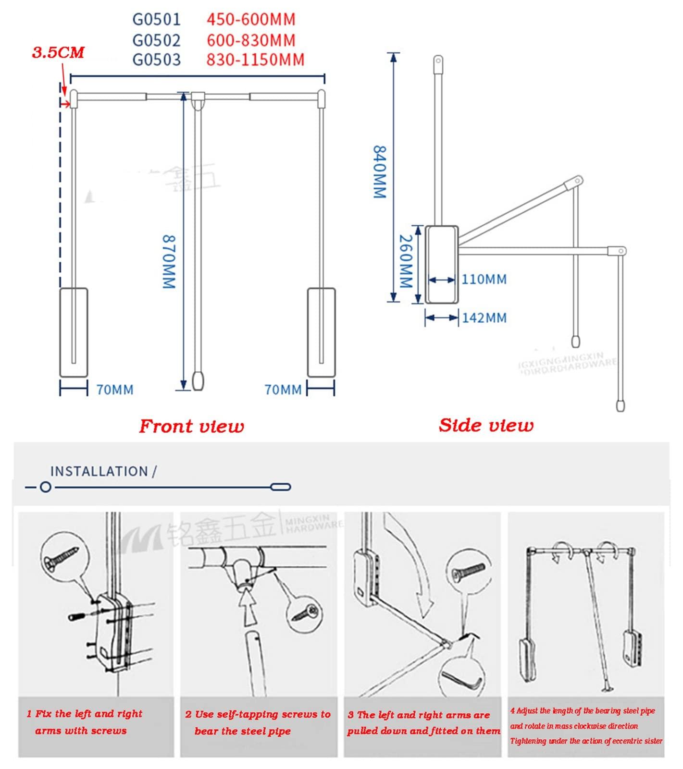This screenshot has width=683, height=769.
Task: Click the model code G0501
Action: [x=157, y=20]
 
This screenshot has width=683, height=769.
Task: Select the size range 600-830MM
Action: [x=250, y=40]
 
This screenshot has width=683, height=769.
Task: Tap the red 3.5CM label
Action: [x=58, y=53]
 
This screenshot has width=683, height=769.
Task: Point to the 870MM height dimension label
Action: [x=168, y=262]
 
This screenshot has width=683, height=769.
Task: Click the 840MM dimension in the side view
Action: [x=380, y=171]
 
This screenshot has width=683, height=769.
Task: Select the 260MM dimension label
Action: [x=407, y=262]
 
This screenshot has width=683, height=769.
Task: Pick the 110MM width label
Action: [x=484, y=280]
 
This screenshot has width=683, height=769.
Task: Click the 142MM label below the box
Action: [x=484, y=318]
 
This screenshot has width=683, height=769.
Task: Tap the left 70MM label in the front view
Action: [x=115, y=390]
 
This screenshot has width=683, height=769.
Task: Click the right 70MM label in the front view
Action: [x=283, y=390]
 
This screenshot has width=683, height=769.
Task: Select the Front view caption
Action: [x=191, y=427]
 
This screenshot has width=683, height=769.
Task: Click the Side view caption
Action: [x=486, y=426]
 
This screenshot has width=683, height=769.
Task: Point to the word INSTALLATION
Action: [x=99, y=472]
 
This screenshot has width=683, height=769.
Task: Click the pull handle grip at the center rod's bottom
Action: [x=198, y=380]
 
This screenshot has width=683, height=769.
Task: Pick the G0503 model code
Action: [x=157, y=60]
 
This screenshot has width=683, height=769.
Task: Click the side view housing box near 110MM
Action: [x=442, y=264]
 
